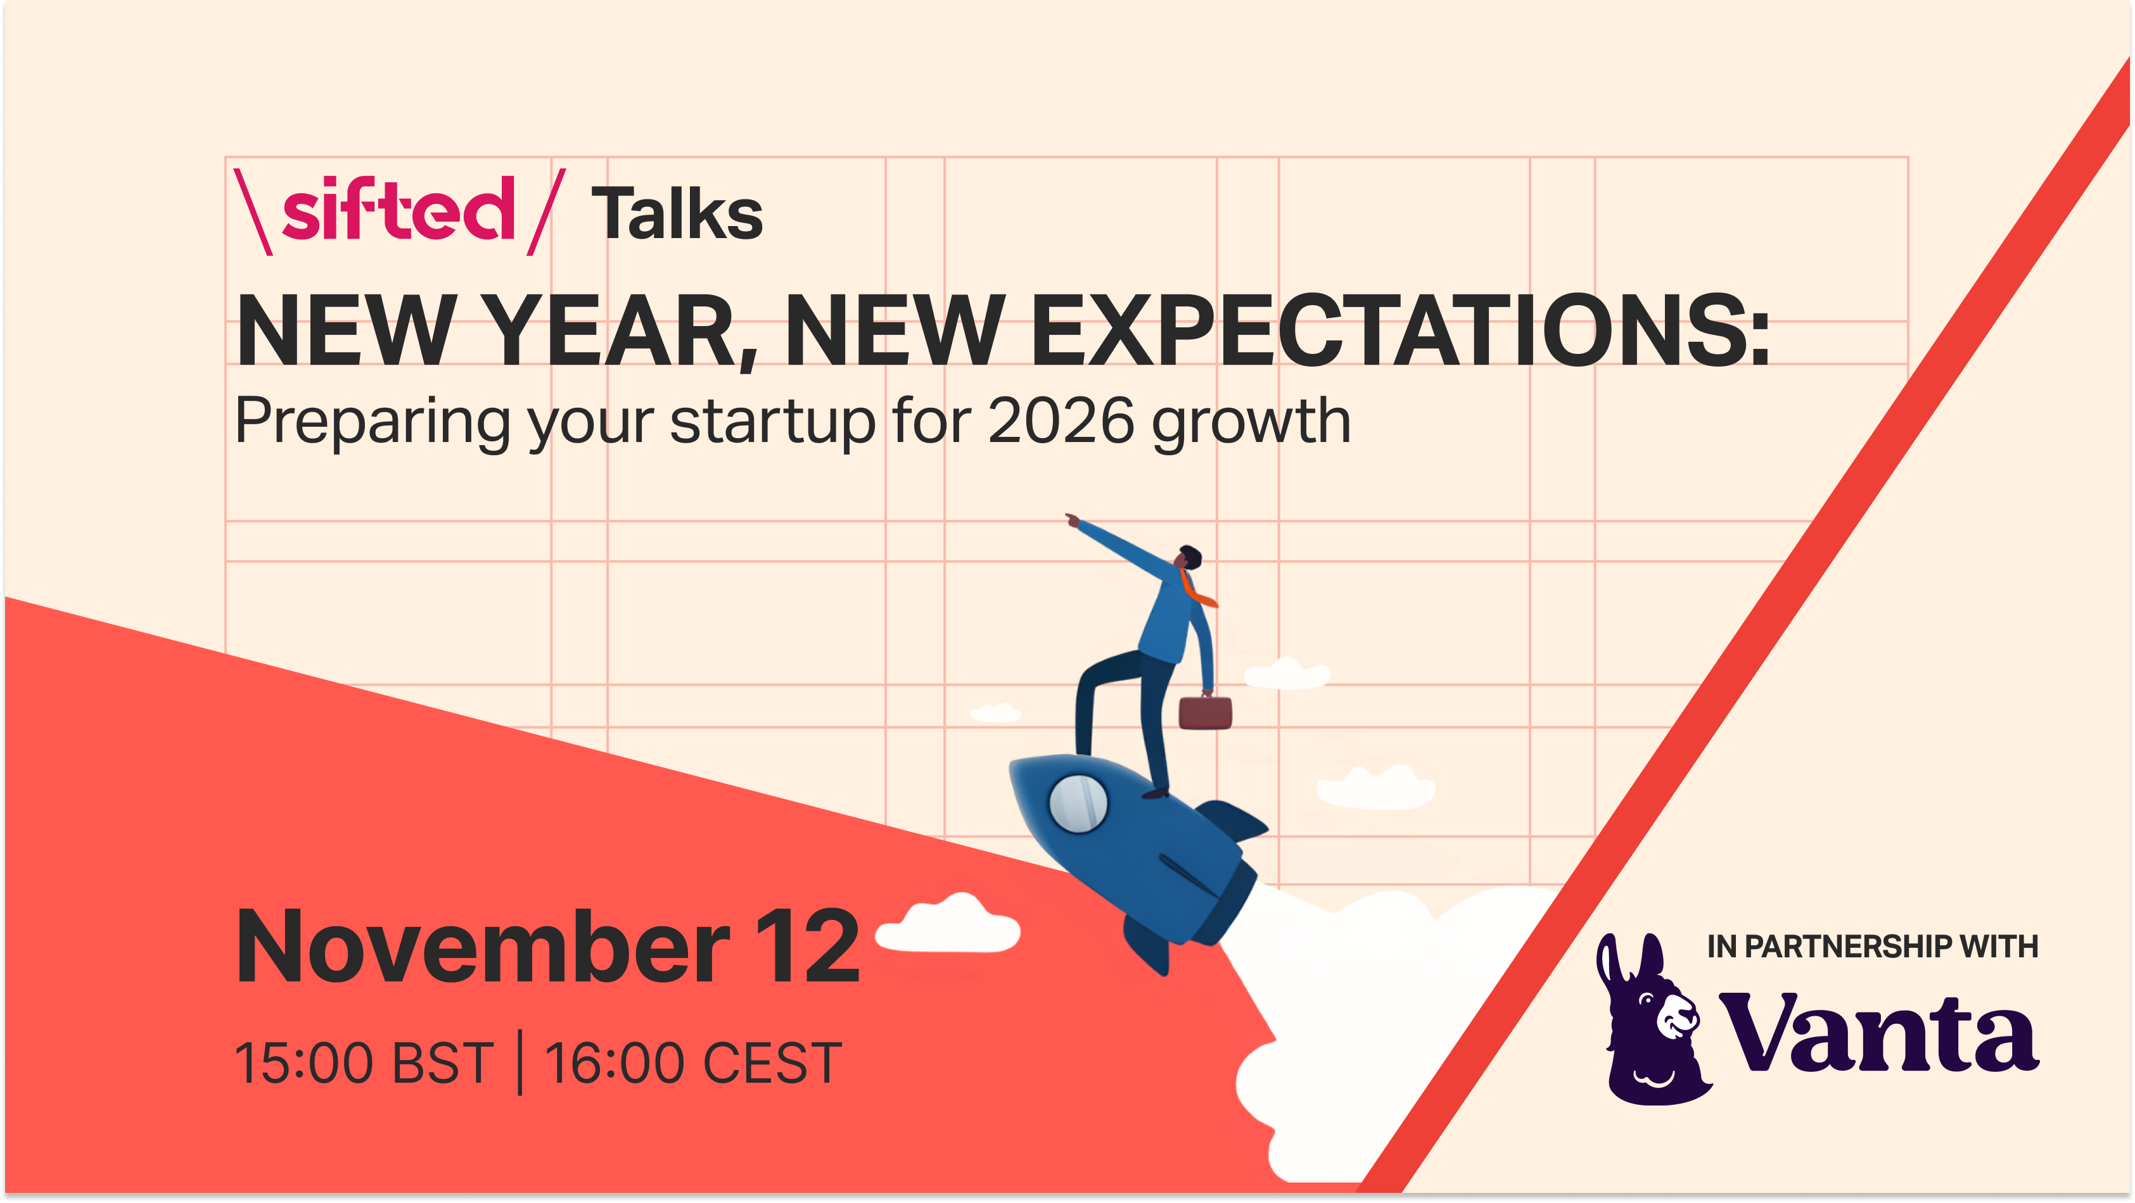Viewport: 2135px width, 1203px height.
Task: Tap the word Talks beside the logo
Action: [677, 214]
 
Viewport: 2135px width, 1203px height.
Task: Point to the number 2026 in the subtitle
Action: [1061, 421]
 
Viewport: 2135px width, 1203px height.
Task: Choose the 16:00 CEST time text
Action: [693, 1062]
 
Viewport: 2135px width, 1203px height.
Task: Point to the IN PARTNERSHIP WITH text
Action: [1872, 946]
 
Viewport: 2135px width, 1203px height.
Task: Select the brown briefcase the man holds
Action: [1205, 712]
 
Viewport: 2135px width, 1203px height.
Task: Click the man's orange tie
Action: [1196, 589]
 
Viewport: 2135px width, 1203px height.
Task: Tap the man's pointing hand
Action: [1073, 519]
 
